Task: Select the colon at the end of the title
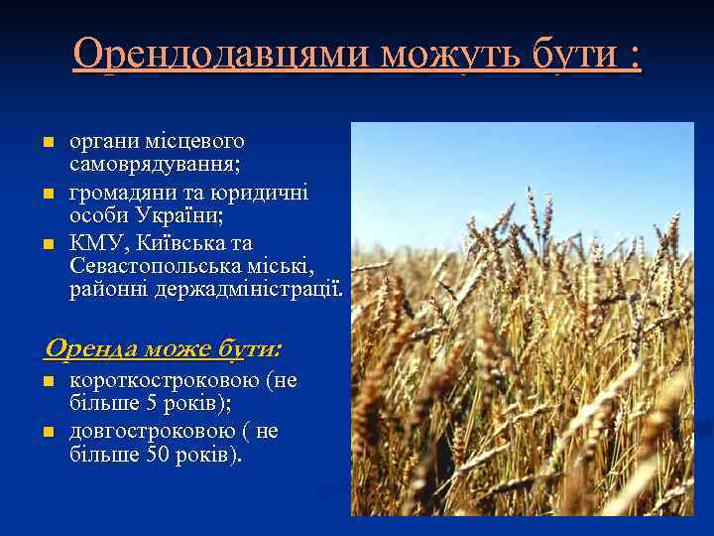pos(634,56)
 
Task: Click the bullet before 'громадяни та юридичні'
pos(46,192)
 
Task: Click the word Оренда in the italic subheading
pos(90,348)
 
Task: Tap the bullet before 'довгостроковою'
pos(46,432)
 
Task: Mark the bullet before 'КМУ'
pos(46,243)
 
